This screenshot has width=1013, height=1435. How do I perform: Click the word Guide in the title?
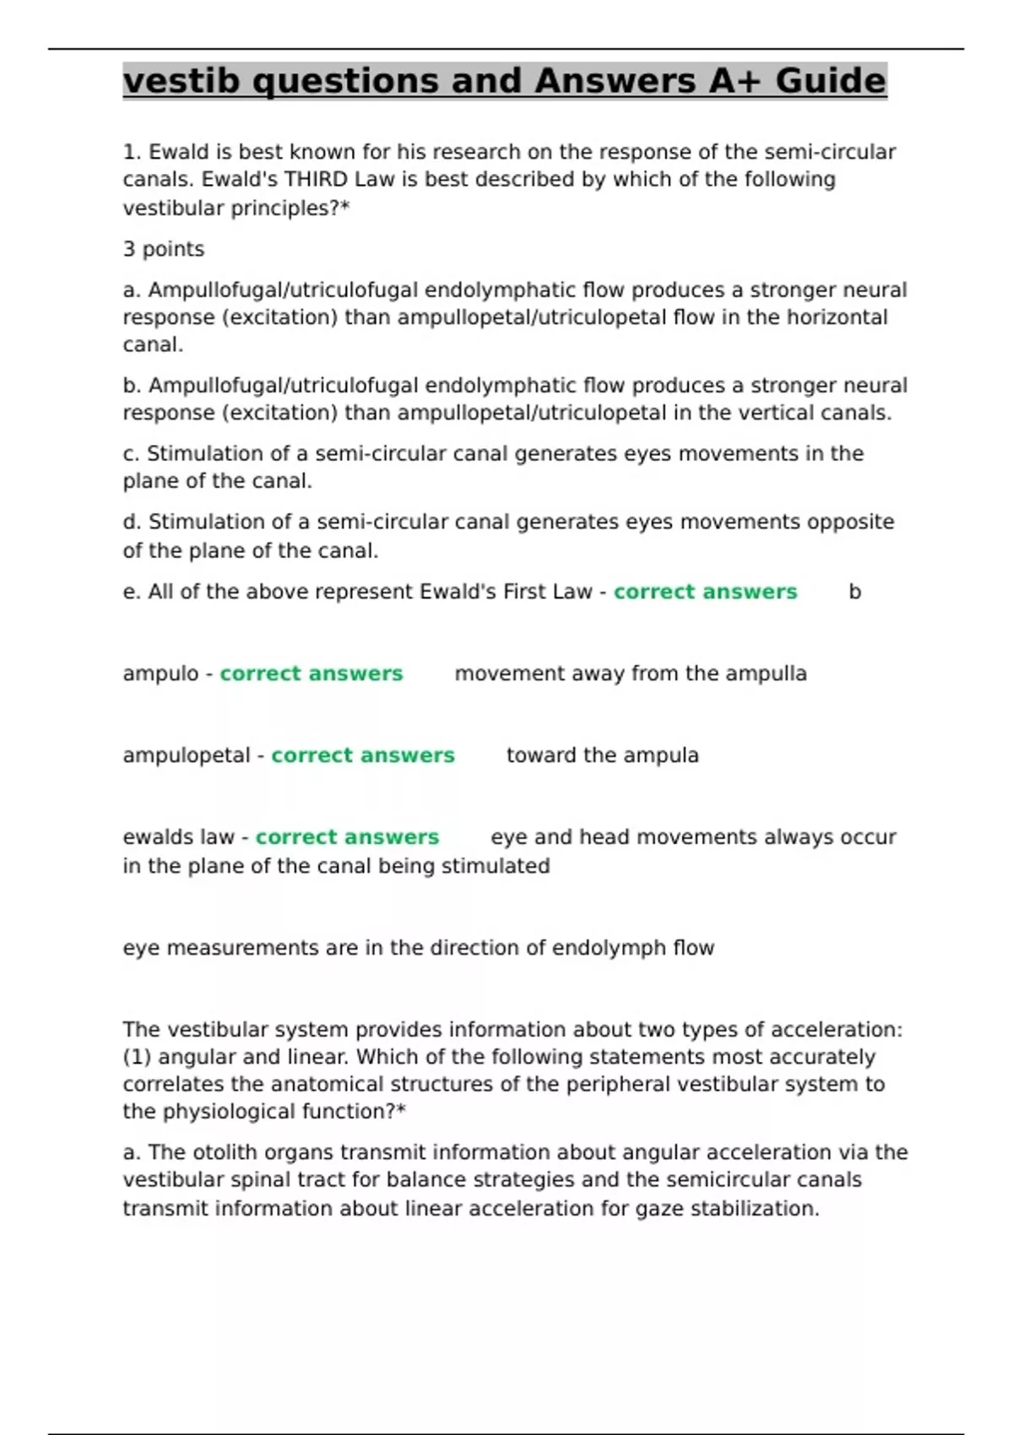(x=831, y=81)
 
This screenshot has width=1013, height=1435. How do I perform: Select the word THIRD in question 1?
(x=316, y=180)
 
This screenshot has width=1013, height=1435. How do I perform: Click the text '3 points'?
(x=164, y=249)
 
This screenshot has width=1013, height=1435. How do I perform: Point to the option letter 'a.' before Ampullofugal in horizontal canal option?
(x=132, y=290)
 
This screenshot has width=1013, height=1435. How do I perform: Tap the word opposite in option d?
(x=850, y=522)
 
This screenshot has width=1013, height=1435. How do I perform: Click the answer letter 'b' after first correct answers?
(x=854, y=592)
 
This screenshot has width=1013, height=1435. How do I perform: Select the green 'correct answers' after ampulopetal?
(x=363, y=755)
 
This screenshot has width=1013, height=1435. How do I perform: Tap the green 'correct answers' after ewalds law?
(x=347, y=837)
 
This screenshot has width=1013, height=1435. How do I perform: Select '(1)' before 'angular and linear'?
(x=137, y=1057)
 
